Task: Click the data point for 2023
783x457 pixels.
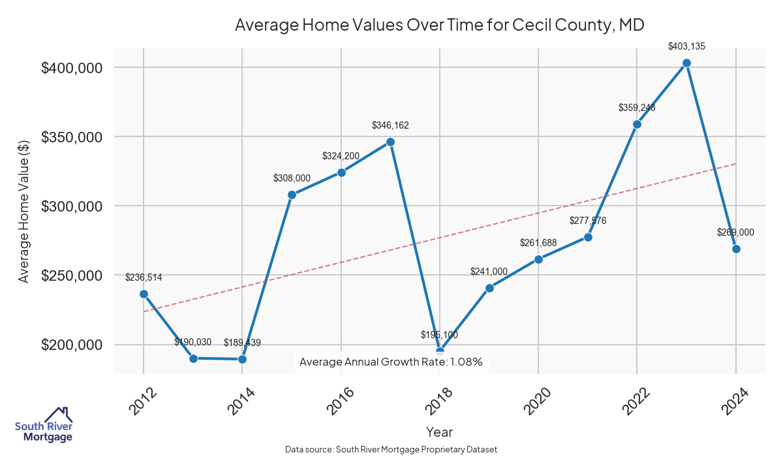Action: click(686, 63)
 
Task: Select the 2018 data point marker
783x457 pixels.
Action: click(440, 352)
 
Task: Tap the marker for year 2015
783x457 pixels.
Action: click(292, 195)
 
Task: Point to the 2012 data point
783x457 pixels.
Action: click(144, 294)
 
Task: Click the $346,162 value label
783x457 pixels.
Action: click(390, 125)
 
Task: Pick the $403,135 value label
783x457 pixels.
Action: click(686, 46)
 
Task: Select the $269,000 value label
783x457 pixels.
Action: click(736, 232)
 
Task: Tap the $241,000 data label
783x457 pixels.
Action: click(489, 271)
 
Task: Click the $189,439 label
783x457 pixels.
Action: click(242, 342)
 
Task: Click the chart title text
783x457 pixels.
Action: click(439, 25)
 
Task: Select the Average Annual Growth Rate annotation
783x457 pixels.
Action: click(391, 362)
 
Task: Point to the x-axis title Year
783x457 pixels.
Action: click(439, 432)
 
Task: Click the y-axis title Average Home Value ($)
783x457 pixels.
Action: click(23, 210)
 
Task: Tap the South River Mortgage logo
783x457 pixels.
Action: click(44, 425)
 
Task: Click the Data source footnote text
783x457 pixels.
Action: click(391, 449)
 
